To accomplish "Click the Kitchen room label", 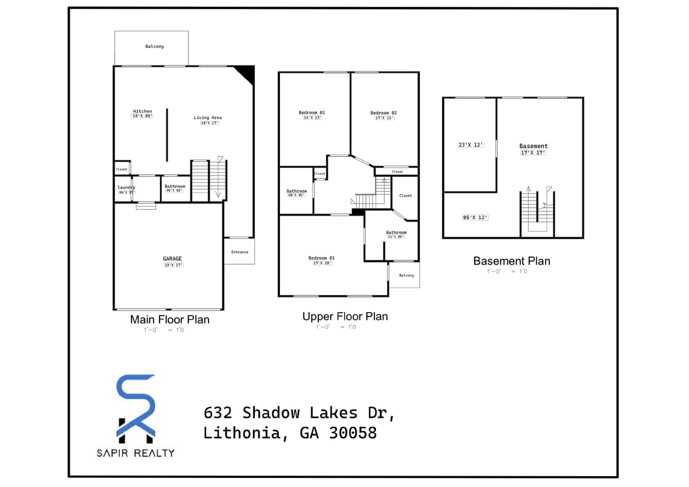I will coord(142,111).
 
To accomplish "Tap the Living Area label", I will coord(208,117).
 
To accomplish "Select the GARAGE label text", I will coord(173,259).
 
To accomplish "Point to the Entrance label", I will coord(240,252).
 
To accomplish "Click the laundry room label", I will coord(126,187).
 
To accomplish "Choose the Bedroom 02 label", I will coord(383,113).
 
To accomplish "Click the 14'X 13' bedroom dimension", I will coord(312,118).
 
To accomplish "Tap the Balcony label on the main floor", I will coord(154,47).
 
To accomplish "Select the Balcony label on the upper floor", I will coord(406,275).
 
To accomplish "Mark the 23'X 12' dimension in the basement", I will coord(470,145).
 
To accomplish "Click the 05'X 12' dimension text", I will coord(475,218).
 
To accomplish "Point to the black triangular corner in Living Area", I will coord(246,73).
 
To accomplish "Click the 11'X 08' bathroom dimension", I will coord(396,237).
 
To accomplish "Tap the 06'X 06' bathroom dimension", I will coord(175,190).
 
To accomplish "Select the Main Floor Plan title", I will coord(169,319).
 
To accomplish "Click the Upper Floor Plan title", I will coord(345,317).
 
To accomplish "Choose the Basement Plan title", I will coord(511,261).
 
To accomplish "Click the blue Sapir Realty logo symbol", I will coord(136,406).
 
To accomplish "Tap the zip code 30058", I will coord(352,433).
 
